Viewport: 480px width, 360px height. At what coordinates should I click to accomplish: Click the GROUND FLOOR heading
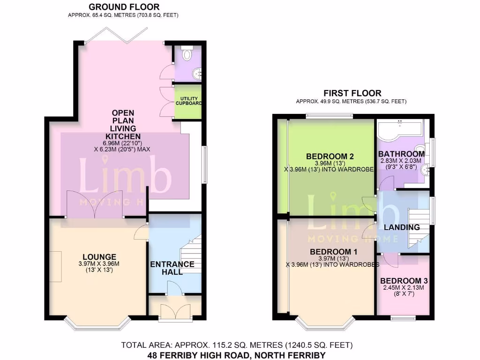pos(124,7)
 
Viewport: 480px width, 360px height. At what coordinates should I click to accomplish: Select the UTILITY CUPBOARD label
pos(188,101)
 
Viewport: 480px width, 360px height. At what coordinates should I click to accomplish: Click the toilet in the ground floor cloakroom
pos(187,55)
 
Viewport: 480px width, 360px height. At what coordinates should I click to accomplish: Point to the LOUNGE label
pos(99,257)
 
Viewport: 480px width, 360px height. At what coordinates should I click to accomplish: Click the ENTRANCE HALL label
pos(172,268)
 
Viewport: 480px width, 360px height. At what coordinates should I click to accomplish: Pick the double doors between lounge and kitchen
pos(95,205)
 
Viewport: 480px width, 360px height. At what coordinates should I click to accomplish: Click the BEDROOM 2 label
pos(330,156)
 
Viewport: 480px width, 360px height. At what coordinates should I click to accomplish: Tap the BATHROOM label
pos(401,154)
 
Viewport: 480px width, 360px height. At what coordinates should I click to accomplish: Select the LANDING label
pos(402,227)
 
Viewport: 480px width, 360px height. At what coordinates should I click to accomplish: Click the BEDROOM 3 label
pos(404,281)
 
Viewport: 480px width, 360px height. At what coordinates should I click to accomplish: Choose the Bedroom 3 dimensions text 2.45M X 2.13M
pos(404,288)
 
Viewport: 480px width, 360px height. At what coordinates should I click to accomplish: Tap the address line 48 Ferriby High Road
pos(237,355)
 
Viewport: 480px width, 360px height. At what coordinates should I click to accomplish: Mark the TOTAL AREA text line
pos(237,345)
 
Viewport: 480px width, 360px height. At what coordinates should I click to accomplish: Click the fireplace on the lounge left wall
pos(55,266)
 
